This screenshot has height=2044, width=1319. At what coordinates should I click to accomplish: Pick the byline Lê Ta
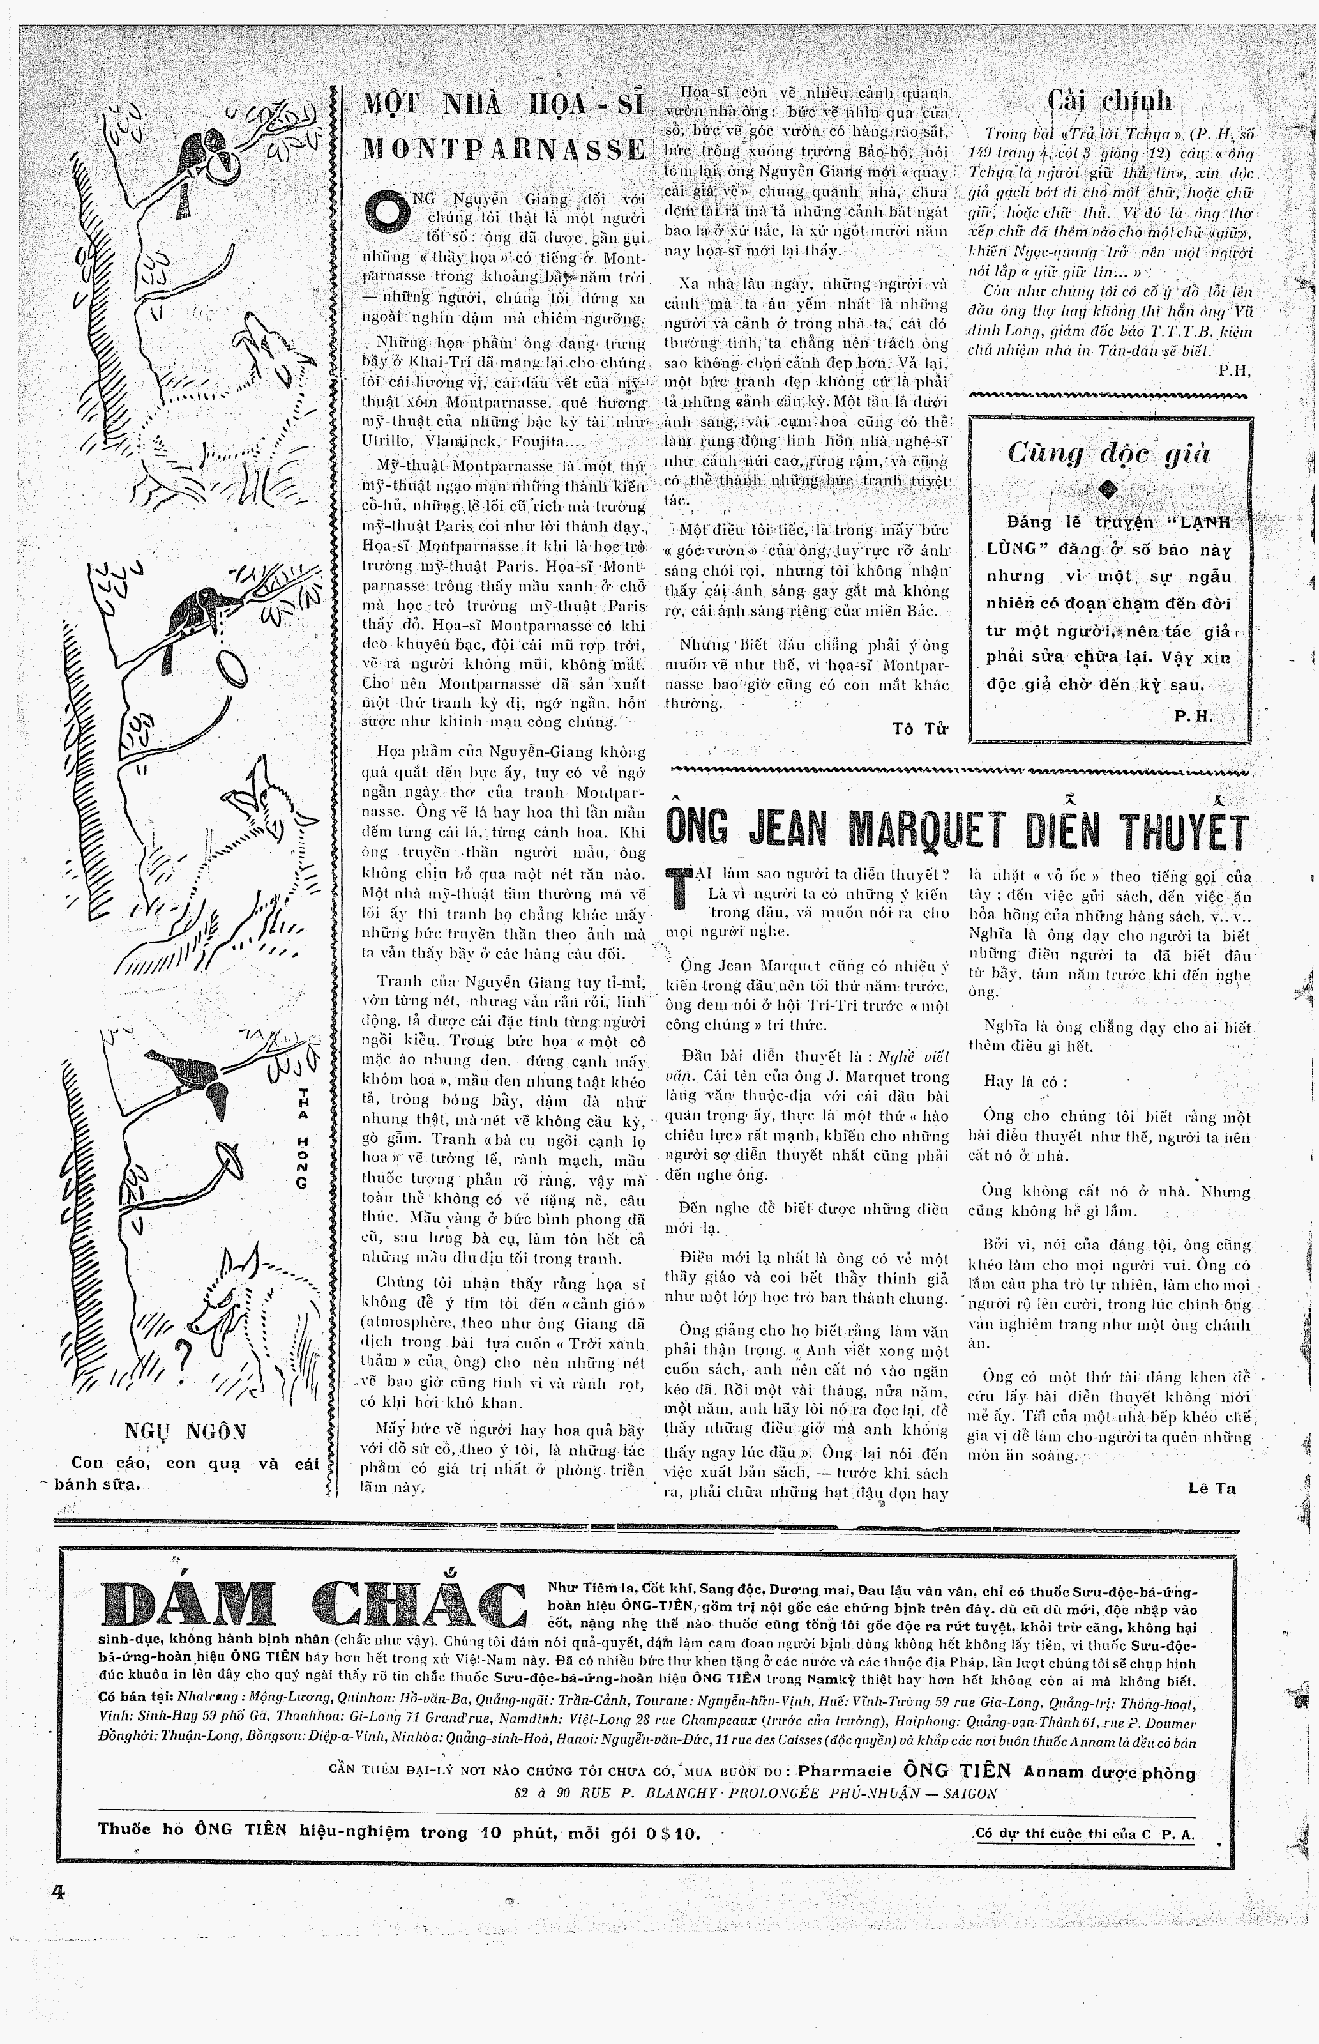click(1211, 1488)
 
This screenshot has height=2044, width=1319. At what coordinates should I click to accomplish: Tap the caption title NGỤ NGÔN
click(185, 1431)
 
